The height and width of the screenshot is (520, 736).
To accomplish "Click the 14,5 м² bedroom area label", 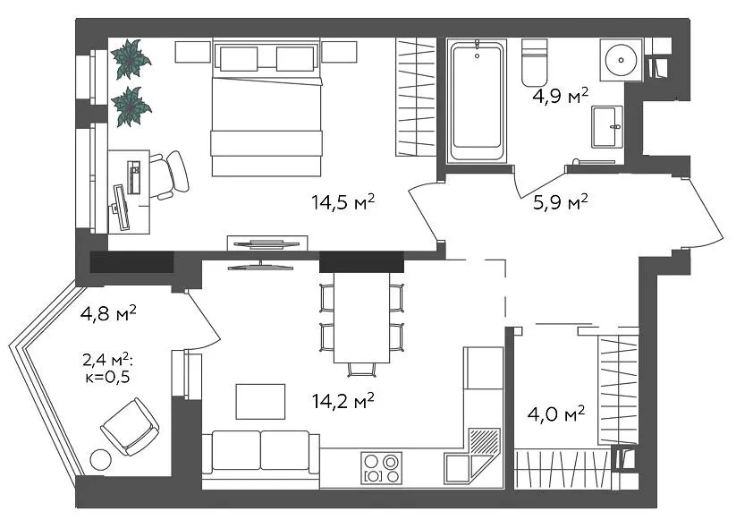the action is point(343,202).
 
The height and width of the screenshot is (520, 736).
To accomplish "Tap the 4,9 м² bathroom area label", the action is point(561,96).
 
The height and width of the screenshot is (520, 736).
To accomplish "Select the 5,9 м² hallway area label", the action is point(561,202).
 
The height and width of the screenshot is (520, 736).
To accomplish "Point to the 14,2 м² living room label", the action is point(343,401).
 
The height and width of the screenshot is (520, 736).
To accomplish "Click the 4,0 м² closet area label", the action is point(556,414).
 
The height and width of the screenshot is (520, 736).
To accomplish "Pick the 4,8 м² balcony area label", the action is point(108,313).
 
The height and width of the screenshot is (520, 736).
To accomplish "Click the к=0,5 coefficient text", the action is point(107,377).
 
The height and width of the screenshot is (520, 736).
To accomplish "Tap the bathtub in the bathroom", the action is point(477,102).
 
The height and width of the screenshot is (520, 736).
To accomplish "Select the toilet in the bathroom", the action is point(535,63).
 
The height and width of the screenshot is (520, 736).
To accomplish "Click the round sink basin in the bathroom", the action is point(621,60).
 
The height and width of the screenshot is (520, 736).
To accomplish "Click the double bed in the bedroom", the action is point(266,107).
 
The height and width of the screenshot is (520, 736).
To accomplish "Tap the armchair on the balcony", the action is point(130,427).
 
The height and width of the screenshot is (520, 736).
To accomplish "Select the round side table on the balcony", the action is point(100,460).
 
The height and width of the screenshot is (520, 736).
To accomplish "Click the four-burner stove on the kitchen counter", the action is point(382,468).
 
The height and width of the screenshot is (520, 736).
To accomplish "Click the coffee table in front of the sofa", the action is point(260,401).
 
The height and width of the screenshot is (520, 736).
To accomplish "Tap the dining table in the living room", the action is point(361,318).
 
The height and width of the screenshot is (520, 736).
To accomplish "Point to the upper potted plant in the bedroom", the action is point(131,59).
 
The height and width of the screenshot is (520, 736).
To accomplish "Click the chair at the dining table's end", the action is point(362,370).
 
